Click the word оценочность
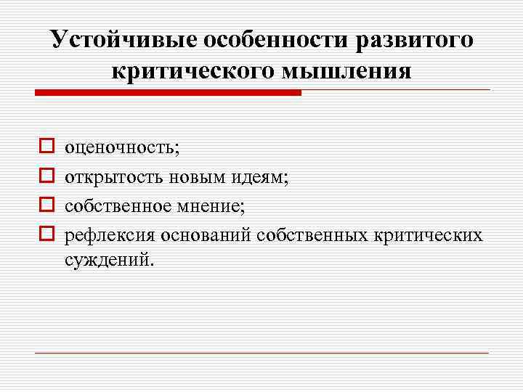(x=121, y=149)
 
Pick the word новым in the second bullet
(x=197, y=178)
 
